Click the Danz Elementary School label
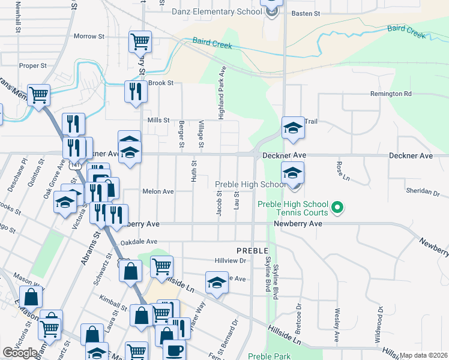(216, 11)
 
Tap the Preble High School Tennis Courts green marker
(337, 208)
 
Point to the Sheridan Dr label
(423, 193)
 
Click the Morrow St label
(89, 37)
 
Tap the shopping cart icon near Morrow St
(140, 41)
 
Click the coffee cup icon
(174, 350)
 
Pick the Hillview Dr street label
(231, 261)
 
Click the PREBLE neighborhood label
(251, 249)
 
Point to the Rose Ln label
(340, 172)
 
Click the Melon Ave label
(158, 191)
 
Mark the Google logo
(20, 353)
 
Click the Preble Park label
(270, 356)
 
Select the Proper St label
(33, 65)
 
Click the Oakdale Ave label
(139, 242)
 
